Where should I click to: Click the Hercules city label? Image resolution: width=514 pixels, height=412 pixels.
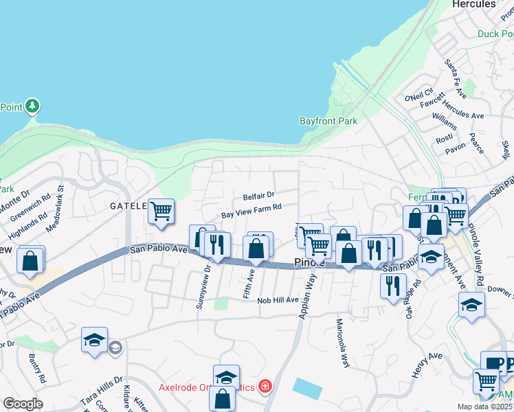[x=473, y=4]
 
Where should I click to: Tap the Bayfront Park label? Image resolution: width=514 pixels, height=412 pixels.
[x=328, y=121]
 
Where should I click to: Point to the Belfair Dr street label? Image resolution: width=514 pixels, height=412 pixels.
[x=258, y=195]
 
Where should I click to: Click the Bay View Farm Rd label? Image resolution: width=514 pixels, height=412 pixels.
[x=252, y=211]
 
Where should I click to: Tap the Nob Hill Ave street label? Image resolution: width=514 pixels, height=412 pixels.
[x=278, y=300]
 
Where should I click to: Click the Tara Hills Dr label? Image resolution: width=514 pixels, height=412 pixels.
[x=101, y=380]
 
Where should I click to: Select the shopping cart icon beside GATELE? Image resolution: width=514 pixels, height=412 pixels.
[x=161, y=211]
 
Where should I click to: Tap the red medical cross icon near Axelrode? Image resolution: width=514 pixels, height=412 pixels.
[x=264, y=387]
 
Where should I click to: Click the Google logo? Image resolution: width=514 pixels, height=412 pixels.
[x=23, y=404]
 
